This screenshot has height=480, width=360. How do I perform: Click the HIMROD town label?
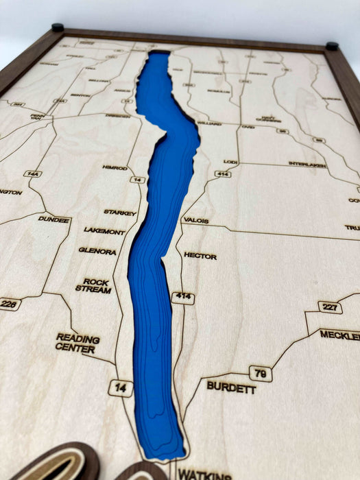[115, 167]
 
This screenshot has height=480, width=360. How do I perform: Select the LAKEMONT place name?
[104, 231]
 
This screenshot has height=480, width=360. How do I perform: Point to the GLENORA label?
[97, 251]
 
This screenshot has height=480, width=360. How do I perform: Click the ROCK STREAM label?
[97, 285]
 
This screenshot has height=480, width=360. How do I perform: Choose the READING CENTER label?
[77, 343]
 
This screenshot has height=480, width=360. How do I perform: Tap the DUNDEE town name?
[54, 220]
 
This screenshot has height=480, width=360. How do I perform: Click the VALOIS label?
[195, 221]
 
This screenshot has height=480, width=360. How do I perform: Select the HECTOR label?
[200, 256]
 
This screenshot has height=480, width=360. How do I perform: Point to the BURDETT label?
[231, 387]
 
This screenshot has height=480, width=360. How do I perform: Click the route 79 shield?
[261, 374]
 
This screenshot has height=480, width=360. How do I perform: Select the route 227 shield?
[330, 307]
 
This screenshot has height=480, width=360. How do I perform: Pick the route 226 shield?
[9, 304]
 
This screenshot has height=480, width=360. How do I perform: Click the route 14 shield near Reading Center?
[120, 387]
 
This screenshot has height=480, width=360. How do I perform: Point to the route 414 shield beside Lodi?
[222, 174]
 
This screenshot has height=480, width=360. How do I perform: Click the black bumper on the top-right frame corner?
[332, 47]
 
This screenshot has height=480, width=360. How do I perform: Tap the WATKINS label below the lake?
[204, 474]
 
